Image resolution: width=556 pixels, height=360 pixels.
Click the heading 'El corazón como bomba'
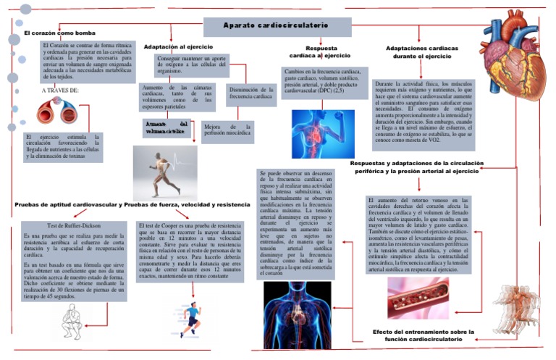pos(59,33)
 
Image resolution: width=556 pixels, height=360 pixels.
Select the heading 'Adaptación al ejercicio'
pos(178,46)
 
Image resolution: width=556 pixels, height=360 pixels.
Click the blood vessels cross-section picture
pos(58,112)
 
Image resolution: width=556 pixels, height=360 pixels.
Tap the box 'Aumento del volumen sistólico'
pos(166,128)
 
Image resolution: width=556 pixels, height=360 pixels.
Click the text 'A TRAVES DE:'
pos(60,91)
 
